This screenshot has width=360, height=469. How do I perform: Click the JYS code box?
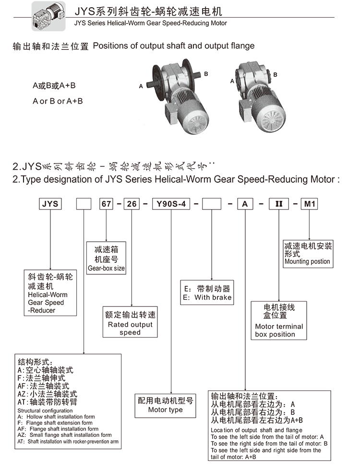50,203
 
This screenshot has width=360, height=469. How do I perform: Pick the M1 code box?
309,203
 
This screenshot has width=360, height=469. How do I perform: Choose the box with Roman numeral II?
278,203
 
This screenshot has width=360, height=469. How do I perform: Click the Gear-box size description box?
106,258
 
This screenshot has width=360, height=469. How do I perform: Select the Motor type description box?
166,405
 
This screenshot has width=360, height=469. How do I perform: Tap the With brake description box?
207,293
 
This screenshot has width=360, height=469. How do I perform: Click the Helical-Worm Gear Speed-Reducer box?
50,293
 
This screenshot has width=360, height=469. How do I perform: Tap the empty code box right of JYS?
84,203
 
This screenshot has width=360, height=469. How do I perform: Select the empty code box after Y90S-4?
212,203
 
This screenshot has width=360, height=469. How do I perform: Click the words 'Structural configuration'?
45,411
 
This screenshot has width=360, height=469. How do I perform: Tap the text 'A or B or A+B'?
58,101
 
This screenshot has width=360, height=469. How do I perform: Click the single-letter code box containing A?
245,203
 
